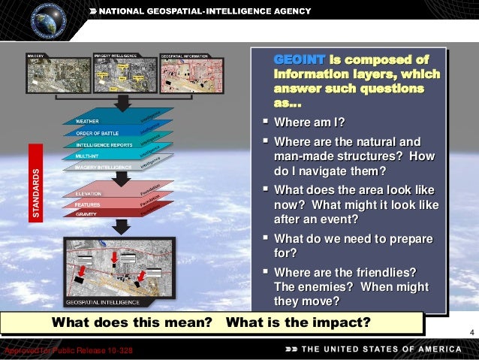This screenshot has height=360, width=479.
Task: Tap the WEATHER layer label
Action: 88,120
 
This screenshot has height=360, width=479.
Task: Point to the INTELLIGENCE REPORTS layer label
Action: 104,144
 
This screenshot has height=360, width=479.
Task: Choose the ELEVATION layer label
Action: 89,193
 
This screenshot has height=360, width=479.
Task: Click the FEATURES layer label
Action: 89,204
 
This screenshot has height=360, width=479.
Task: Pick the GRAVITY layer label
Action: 86,213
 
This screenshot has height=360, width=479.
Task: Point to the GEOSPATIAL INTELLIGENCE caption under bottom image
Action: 103,301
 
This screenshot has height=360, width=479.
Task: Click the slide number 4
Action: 471,333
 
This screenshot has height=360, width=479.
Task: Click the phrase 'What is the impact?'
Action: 298,323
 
